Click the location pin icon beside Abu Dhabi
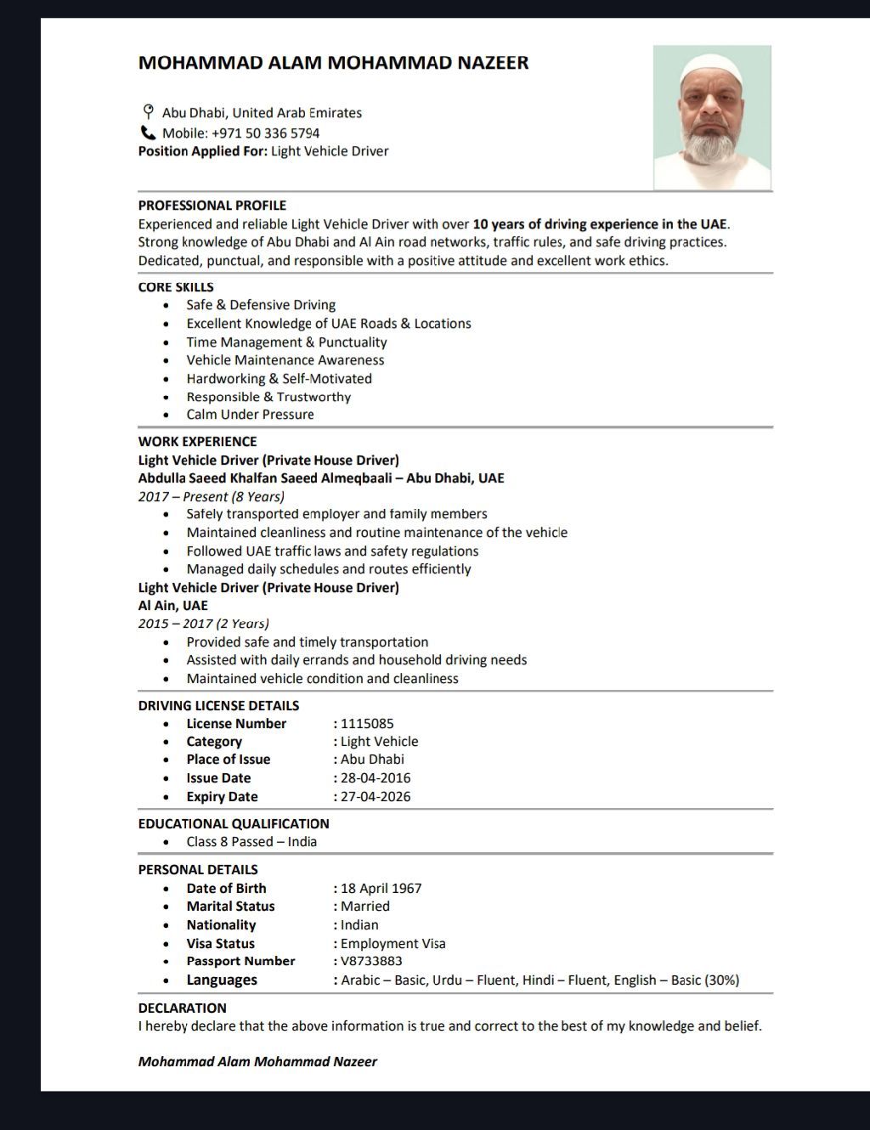point(148,112)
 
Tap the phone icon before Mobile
point(148,133)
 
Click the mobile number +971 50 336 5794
point(265,133)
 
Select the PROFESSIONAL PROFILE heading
point(212,206)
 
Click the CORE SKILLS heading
point(176,287)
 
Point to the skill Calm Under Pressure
point(250,415)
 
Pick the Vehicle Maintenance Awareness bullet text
point(285,360)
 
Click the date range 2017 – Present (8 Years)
point(212,496)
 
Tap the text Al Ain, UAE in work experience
point(172,606)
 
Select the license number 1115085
point(367,724)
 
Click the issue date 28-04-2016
point(375,778)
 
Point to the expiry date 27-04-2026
point(375,797)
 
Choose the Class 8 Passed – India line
point(251,842)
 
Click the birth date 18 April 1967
point(381,889)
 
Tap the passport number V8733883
point(371,961)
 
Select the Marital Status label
point(230,907)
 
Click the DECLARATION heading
point(182,1009)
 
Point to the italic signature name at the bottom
point(257,1062)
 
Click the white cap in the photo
point(712,66)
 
